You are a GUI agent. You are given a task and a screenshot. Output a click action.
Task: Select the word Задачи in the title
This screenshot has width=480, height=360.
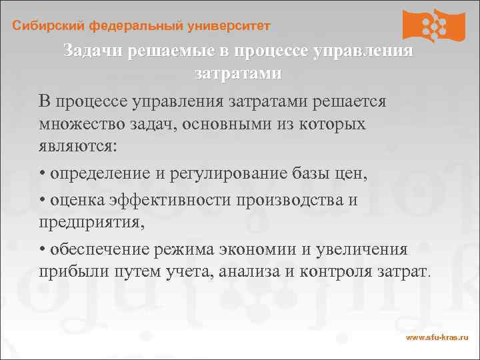click(93, 51)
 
